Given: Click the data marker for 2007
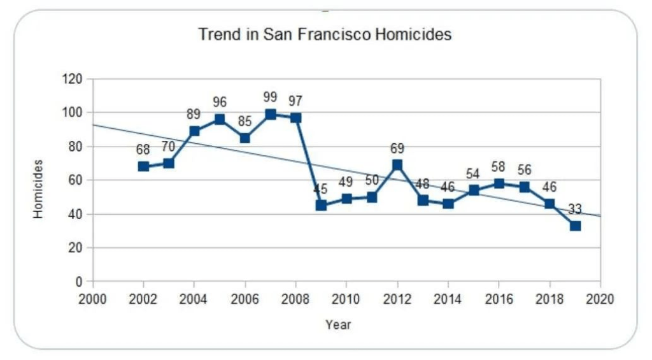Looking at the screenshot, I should tap(271, 115).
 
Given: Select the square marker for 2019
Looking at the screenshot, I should tap(575, 226).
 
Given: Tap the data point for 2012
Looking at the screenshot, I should tap(397, 165).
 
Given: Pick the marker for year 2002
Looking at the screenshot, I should tap(144, 166).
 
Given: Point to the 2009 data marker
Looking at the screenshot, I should tap(321, 205).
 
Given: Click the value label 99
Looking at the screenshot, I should tap(270, 97).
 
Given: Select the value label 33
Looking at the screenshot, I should tap(574, 208).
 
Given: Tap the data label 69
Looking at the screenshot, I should tap(397, 148).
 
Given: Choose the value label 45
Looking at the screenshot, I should tap(320, 189).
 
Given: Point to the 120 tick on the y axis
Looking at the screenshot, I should tap(73, 79).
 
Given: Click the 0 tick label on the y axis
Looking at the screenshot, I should tap(79, 281).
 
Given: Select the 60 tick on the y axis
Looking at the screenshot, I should tap(75, 180).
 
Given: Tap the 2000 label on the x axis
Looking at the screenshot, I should tap(93, 299).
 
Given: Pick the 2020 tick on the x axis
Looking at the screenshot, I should tap(600, 299).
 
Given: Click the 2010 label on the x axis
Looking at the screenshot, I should tap(346, 299).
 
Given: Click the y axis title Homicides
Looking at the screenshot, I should tap(39, 189).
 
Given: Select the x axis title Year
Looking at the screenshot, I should tap(338, 325).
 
